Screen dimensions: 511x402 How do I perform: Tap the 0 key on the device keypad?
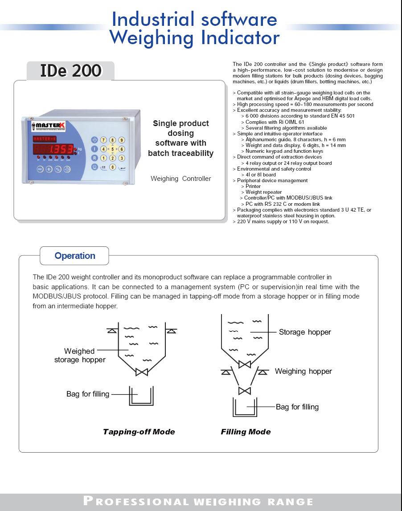(x=112, y=167)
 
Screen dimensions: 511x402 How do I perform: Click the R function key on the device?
(x=94, y=158)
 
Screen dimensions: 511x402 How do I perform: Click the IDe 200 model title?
(x=70, y=71)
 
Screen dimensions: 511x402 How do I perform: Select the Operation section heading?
(x=75, y=256)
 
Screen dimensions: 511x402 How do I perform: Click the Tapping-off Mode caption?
(x=139, y=432)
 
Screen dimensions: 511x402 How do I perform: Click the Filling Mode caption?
(x=246, y=432)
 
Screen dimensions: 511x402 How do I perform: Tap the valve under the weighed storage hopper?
(x=142, y=372)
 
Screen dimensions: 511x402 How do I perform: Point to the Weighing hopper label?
(x=303, y=371)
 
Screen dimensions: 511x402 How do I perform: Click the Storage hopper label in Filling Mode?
(x=305, y=332)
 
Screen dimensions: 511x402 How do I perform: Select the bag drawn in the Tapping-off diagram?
(x=141, y=396)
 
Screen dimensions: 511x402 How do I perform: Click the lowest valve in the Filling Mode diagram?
(x=244, y=391)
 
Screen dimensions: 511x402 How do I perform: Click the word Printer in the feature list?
(x=253, y=186)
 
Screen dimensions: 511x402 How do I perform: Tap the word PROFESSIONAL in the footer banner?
(x=136, y=501)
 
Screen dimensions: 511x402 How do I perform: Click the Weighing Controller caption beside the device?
(x=180, y=179)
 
